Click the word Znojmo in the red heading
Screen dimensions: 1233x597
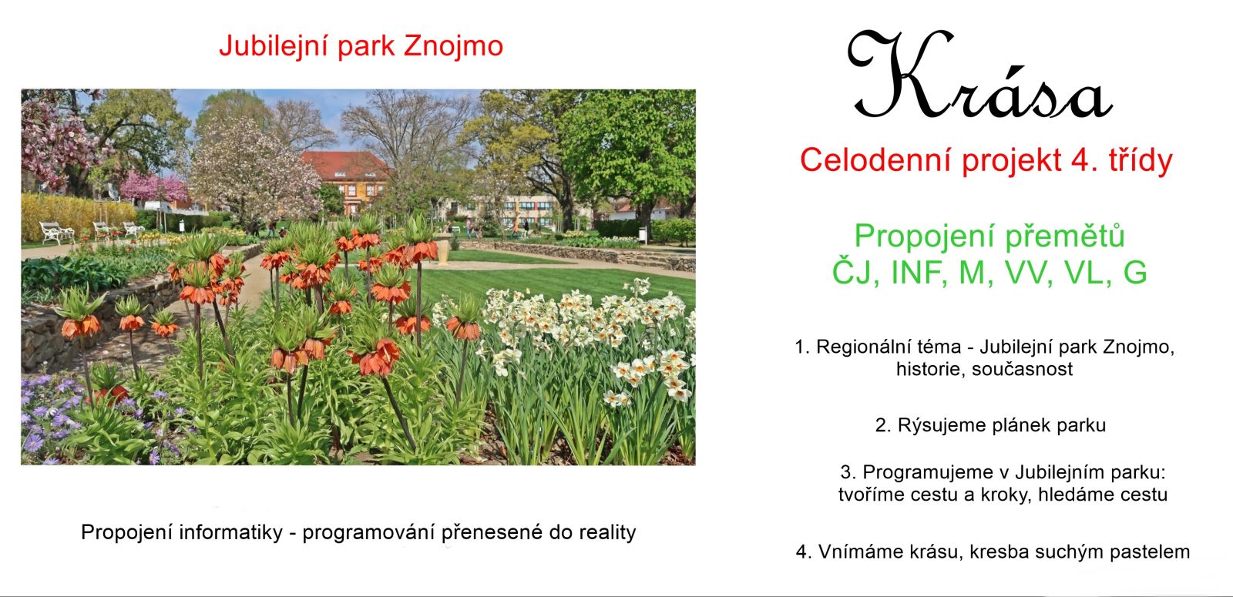click(453, 47)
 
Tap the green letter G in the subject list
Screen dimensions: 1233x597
click(1135, 273)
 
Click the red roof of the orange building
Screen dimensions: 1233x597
click(345, 164)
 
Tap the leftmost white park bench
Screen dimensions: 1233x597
click(57, 232)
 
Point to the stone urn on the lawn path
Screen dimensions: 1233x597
click(442, 249)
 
